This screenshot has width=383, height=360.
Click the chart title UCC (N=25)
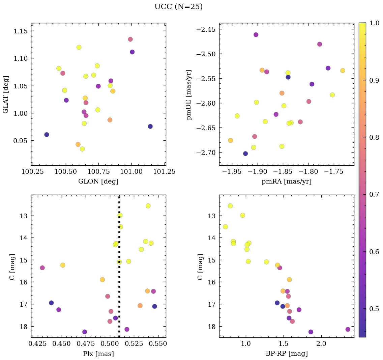[178, 7]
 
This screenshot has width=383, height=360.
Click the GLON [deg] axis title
[98, 182]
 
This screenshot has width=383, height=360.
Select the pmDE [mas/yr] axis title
[189, 94]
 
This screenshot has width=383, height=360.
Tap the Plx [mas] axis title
[98, 354]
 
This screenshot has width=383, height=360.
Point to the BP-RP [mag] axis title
[286, 354]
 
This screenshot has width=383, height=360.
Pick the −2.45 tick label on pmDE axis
[205, 29]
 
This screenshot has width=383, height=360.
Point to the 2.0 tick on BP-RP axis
[321, 344]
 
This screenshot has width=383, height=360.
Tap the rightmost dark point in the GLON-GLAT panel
[150, 127]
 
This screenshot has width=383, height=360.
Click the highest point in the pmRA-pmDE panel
[256, 35]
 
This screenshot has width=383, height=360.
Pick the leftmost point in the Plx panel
[42, 268]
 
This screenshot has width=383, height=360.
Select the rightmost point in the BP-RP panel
[348, 329]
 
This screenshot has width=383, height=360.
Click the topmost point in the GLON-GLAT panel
[130, 39]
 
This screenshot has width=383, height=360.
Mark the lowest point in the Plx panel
[85, 332]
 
